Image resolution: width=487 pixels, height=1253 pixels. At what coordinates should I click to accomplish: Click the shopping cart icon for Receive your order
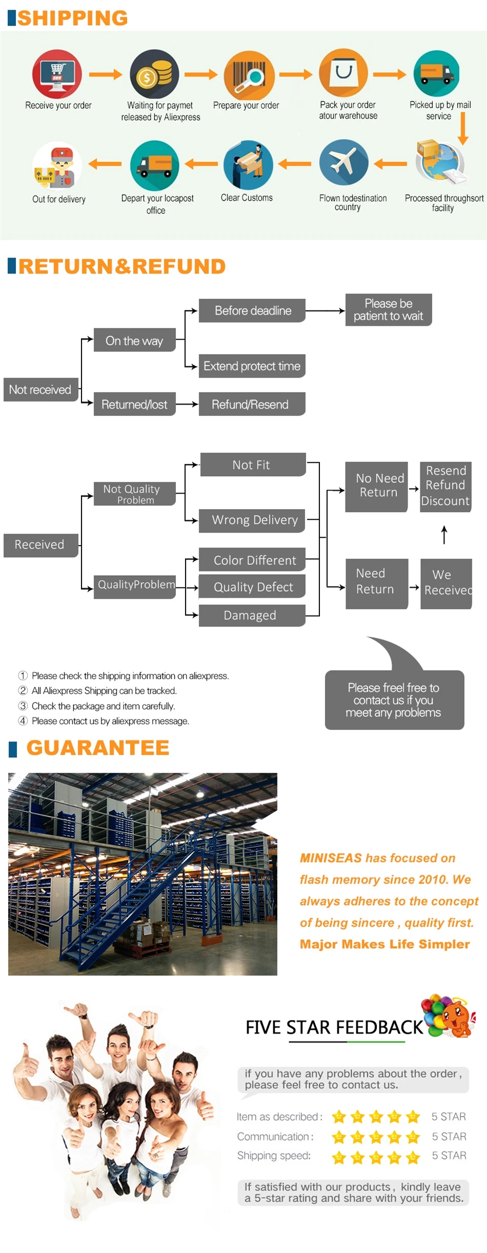pyautogui.click(x=57, y=73)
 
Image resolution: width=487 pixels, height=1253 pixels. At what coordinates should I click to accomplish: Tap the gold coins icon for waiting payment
pyautogui.click(x=153, y=74)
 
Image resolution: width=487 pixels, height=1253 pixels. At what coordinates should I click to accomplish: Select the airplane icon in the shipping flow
pyautogui.click(x=343, y=164)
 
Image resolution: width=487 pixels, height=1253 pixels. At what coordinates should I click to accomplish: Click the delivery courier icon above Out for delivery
pyautogui.click(x=57, y=166)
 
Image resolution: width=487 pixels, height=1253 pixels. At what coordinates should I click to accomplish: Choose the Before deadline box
pyautogui.click(x=252, y=310)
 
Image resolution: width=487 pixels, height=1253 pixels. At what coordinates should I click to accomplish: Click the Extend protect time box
pyautogui.click(x=252, y=366)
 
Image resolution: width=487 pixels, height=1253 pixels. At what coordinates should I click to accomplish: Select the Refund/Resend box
pyautogui.click(x=251, y=404)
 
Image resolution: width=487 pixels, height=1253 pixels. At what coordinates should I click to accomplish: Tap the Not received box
pyautogui.click(x=40, y=389)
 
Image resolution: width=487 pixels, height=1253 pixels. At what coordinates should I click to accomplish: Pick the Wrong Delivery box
pyautogui.click(x=254, y=520)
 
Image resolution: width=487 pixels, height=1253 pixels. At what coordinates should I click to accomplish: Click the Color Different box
pyautogui.click(x=254, y=560)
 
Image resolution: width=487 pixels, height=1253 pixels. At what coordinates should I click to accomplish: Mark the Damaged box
pyautogui.click(x=251, y=615)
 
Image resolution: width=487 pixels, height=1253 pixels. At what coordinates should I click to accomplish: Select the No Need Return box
pyautogui.click(x=377, y=485)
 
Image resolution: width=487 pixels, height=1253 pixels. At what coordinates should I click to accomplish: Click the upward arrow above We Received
pyautogui.click(x=444, y=535)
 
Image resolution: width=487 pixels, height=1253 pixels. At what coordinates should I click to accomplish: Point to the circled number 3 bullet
pyautogui.click(x=23, y=706)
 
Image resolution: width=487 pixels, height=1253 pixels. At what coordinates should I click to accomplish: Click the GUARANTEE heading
pyautogui.click(x=97, y=748)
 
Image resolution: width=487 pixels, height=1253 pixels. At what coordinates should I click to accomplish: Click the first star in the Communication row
pyautogui.click(x=339, y=1138)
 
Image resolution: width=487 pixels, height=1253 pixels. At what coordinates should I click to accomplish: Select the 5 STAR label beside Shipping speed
pyautogui.click(x=449, y=1156)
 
